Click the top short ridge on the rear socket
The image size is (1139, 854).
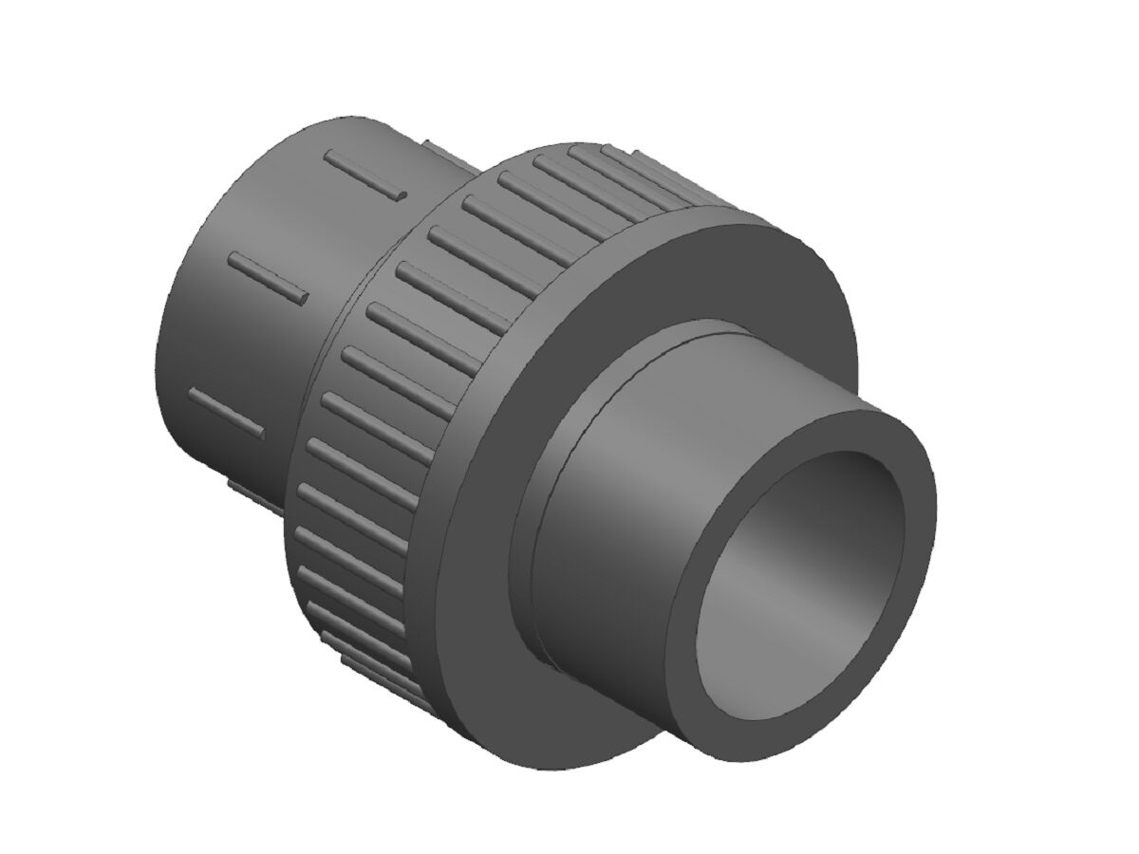point(365,175)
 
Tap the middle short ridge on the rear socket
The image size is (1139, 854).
point(271,278)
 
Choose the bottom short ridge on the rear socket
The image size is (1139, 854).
point(226,413)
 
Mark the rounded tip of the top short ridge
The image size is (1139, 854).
point(402,195)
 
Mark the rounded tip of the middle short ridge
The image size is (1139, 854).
point(303,298)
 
